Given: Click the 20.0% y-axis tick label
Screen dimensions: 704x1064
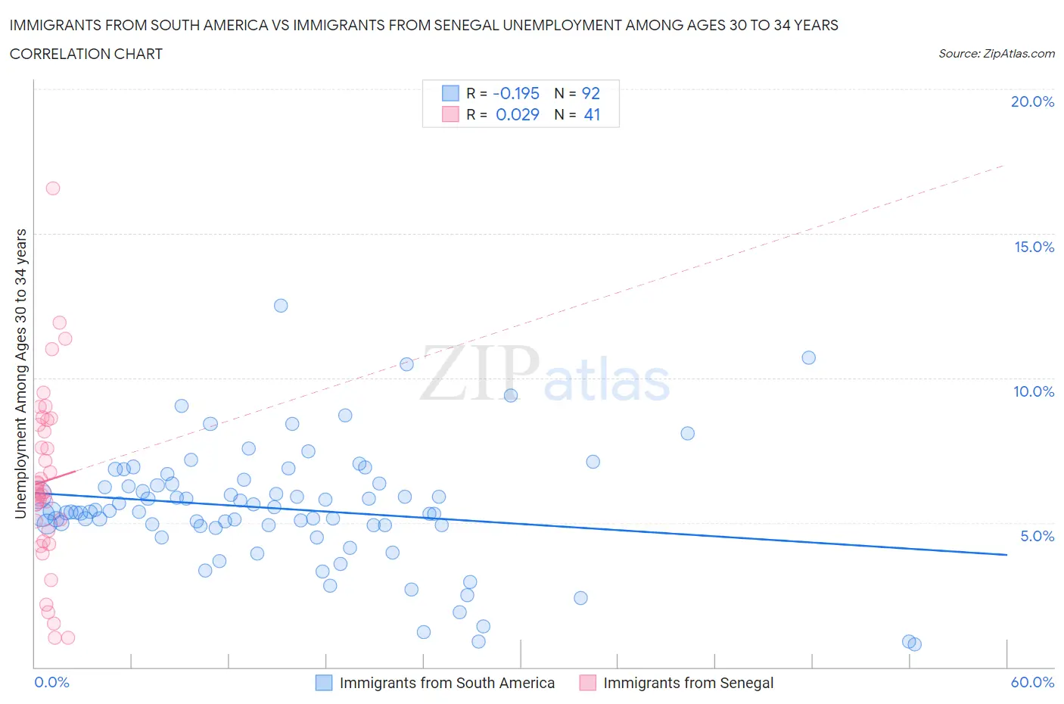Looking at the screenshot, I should tap(1032, 101).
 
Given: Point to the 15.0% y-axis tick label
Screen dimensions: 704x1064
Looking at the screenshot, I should tap(1034, 247).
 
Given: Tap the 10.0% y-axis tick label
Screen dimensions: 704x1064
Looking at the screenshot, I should tap(1034, 391).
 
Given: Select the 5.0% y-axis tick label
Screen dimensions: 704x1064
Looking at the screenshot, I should tap(1037, 536).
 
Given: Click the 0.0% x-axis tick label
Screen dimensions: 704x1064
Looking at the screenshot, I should tap(51, 682).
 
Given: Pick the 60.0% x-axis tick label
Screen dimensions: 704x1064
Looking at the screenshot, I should tap(1032, 682).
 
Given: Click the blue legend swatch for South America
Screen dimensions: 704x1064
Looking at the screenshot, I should tap(324, 683).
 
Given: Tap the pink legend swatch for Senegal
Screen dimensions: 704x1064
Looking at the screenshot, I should tap(587, 683).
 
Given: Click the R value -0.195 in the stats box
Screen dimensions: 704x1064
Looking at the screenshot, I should tap(516, 93).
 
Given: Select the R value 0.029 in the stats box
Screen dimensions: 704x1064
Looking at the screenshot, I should tap(518, 114).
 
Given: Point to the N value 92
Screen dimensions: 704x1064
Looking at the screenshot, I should tap(590, 93).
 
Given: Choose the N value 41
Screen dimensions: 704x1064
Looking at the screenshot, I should tap(592, 114).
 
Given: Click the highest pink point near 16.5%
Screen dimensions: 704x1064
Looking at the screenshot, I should tap(52, 188).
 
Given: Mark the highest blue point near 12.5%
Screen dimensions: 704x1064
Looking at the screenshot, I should tap(281, 306).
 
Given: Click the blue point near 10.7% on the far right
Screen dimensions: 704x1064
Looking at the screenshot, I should tap(809, 357).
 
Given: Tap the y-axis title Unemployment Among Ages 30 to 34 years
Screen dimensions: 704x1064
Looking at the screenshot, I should tap(20, 374).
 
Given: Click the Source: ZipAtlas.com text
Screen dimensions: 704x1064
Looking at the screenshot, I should tap(996, 54).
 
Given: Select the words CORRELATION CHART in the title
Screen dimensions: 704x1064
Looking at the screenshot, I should tap(86, 54).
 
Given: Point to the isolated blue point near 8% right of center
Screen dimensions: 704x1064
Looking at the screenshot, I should tap(688, 434).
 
